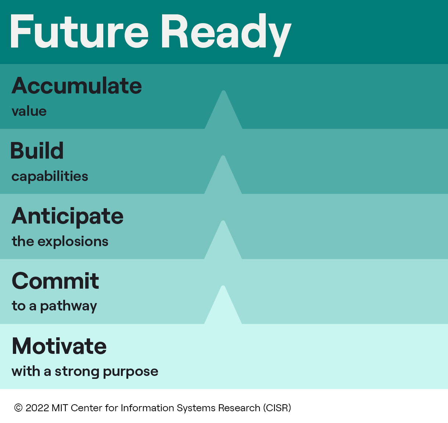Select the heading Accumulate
click(77, 86)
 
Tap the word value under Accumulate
click(29, 111)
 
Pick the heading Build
click(37, 151)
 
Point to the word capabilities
click(50, 177)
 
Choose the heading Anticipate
click(68, 216)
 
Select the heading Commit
click(55, 281)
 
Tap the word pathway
click(68, 306)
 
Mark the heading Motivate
click(59, 346)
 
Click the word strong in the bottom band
click(77, 372)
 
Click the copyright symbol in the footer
click(18, 408)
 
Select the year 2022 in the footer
click(37, 408)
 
